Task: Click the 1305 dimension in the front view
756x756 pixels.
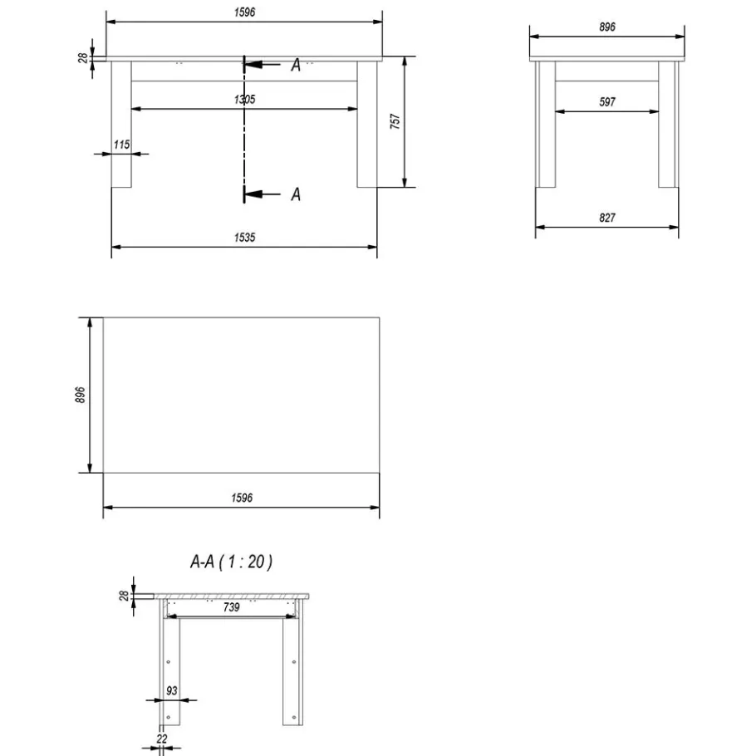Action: tap(244, 100)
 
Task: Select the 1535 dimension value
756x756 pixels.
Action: tap(244, 238)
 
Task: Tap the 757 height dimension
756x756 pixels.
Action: tap(395, 121)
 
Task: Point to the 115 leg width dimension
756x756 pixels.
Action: tap(121, 145)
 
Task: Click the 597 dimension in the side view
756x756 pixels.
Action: tap(607, 101)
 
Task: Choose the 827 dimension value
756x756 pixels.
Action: tap(607, 218)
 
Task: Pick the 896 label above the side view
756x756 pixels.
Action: tap(607, 27)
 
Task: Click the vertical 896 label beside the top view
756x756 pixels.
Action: tap(80, 395)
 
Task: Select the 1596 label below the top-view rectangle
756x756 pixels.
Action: tap(242, 498)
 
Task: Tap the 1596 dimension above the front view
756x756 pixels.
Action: tap(244, 12)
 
